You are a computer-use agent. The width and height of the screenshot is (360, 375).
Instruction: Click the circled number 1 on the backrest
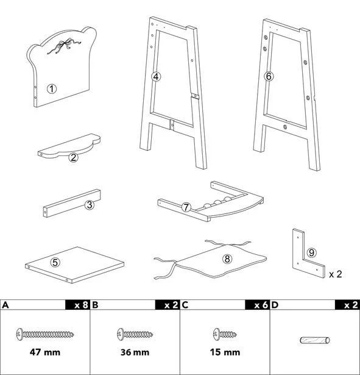coord(52,89)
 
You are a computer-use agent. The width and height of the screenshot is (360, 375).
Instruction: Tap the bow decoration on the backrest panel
coord(64,47)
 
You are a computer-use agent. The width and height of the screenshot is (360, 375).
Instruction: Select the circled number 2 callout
coord(73,157)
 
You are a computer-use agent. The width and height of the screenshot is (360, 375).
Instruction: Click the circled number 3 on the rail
coord(90,205)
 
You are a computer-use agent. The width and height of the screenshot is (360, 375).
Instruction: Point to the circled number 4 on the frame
coord(156,77)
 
